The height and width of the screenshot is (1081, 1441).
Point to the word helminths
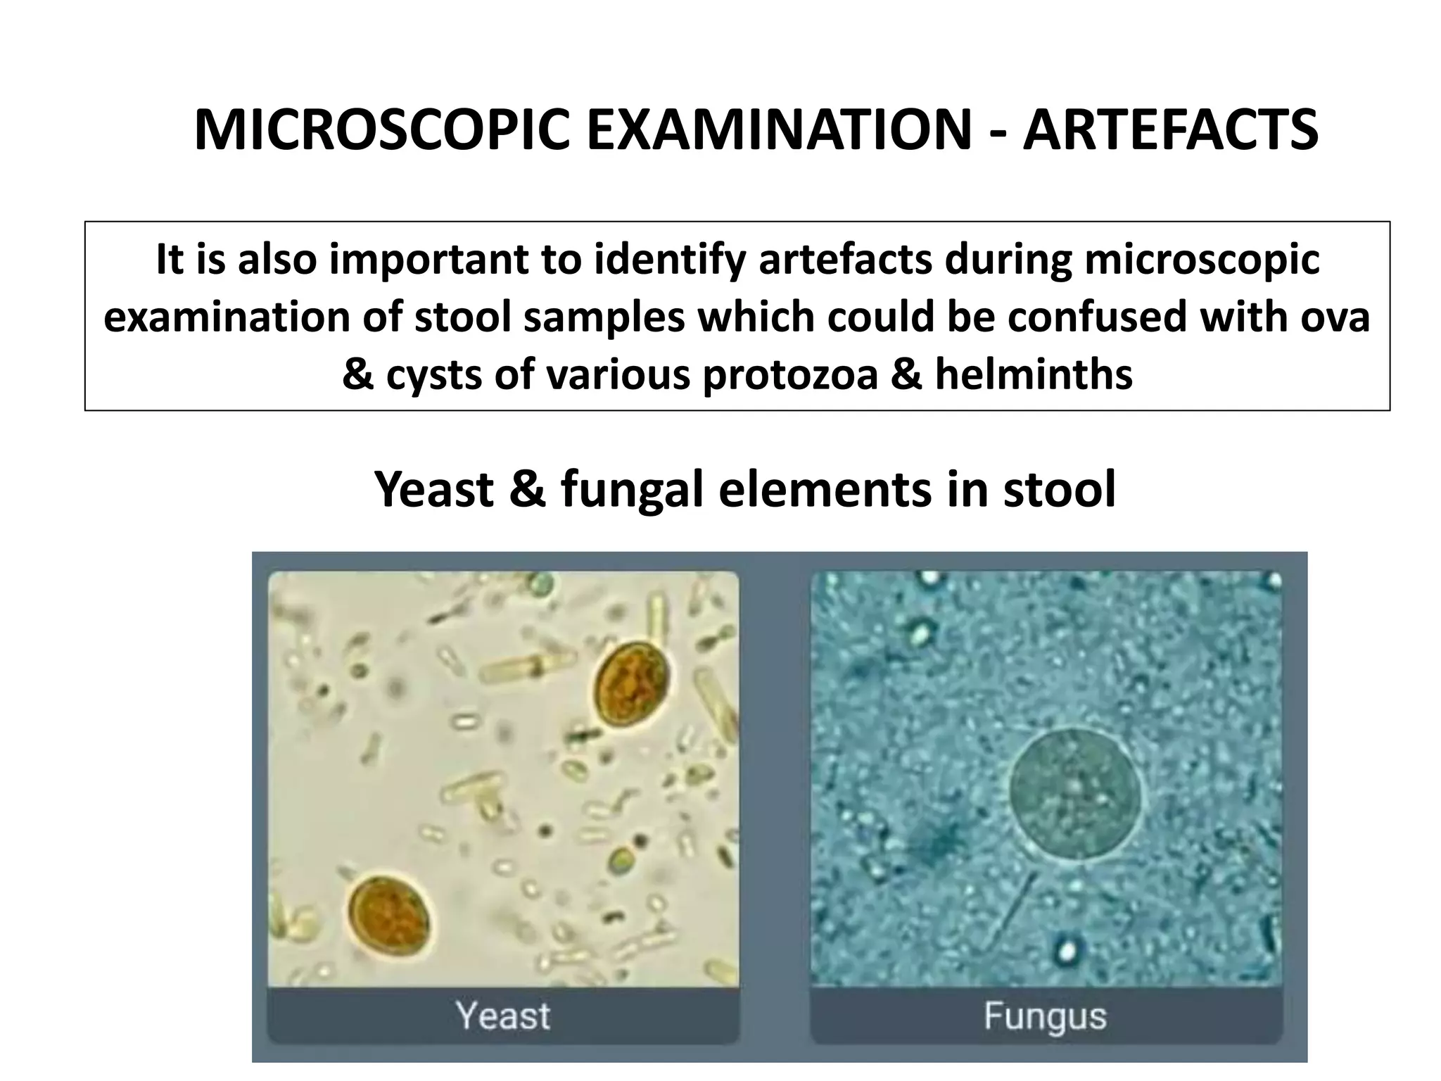1034,374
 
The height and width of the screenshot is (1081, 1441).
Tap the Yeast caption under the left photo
502,1016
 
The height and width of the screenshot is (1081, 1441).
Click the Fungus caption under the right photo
1045,1016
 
